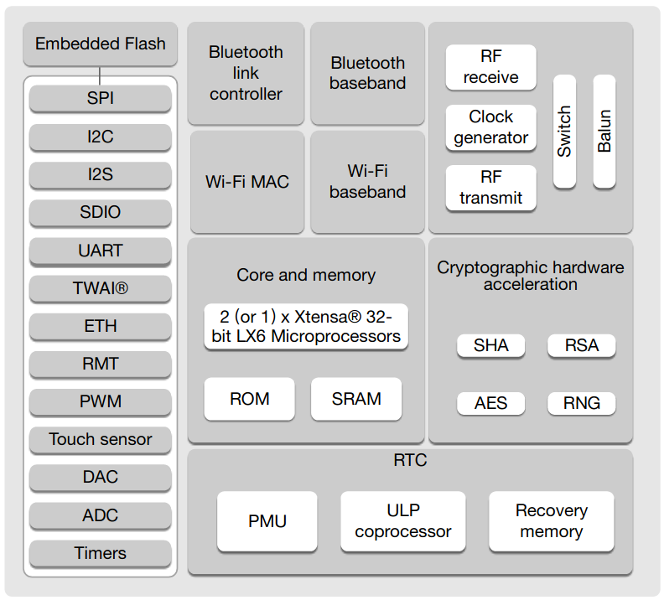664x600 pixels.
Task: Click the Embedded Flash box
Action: click(x=100, y=44)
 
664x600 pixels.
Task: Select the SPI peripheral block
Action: click(x=100, y=98)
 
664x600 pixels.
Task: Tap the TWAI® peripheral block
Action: click(x=100, y=288)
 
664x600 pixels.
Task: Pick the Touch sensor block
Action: click(x=100, y=439)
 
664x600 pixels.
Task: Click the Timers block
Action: click(x=100, y=553)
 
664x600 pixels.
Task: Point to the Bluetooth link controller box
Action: click(x=246, y=74)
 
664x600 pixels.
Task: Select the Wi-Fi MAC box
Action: click(x=246, y=181)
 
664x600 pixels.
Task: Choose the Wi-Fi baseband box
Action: click(x=367, y=181)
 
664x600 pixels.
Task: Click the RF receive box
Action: click(x=490, y=67)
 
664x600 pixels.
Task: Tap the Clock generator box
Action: click(x=490, y=127)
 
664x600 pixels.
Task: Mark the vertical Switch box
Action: click(x=564, y=131)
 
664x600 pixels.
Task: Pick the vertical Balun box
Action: click(x=604, y=131)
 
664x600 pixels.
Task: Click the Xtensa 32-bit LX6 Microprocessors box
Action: click(x=306, y=327)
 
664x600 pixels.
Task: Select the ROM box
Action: click(x=249, y=399)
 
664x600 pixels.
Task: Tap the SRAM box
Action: click(x=356, y=399)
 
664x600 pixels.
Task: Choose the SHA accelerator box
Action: click(x=490, y=345)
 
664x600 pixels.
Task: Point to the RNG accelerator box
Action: click(x=581, y=403)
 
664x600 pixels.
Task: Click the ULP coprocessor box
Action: click(x=402, y=521)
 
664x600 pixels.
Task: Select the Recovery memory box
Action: click(x=551, y=521)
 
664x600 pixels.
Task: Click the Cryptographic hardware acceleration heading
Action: click(x=530, y=276)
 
